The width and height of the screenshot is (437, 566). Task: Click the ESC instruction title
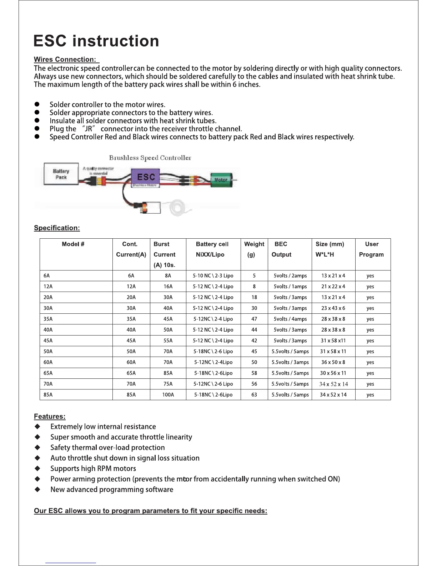click(96, 41)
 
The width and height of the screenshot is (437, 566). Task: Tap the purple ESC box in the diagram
click(146, 177)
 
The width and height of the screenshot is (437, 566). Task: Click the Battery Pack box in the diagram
click(61, 174)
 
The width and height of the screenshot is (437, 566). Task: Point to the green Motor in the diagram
click(221, 180)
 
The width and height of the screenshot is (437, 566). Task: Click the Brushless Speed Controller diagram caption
click(150, 158)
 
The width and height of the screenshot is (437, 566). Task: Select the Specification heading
click(57, 228)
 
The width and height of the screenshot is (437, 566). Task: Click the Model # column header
click(73, 244)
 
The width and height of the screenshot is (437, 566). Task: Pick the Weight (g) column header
click(254, 249)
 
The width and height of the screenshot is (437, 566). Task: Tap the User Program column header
click(371, 249)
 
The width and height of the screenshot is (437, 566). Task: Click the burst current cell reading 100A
click(168, 395)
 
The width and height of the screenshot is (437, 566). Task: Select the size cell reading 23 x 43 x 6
click(333, 308)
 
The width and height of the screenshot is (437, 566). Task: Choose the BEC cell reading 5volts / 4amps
click(290, 319)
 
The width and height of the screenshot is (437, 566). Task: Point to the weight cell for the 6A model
click(254, 276)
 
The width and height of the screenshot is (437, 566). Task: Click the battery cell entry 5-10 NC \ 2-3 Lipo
click(213, 276)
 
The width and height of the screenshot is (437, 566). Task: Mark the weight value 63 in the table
click(254, 395)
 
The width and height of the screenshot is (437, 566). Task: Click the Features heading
click(50, 416)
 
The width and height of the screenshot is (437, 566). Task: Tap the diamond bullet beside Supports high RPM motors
click(37, 468)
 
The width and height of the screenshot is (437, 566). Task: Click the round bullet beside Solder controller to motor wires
click(36, 104)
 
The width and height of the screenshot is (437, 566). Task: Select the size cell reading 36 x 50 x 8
click(333, 362)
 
